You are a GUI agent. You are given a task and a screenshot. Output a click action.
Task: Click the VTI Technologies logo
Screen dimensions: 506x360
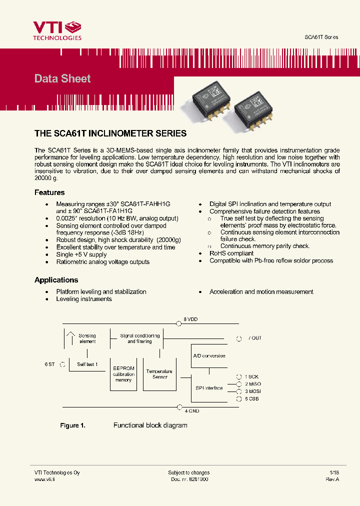[57, 30]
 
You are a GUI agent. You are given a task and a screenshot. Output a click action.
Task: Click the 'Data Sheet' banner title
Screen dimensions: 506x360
[62, 78]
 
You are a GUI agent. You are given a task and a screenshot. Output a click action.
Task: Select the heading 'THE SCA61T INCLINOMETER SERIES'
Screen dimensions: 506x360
[110, 133]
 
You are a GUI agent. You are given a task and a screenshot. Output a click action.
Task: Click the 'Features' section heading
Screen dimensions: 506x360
[49, 192]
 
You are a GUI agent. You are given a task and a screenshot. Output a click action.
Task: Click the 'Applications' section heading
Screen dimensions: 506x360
[56, 280]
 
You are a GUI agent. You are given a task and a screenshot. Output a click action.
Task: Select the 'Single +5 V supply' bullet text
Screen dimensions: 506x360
[81, 254]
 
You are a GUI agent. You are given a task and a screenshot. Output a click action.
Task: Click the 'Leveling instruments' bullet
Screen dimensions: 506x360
[84, 299]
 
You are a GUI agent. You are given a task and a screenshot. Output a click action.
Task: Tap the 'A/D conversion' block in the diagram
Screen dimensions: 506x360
[209, 356]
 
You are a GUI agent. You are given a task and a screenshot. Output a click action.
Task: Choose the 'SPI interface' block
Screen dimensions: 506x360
[209, 388]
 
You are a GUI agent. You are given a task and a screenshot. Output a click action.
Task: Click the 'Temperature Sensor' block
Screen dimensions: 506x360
[159, 374]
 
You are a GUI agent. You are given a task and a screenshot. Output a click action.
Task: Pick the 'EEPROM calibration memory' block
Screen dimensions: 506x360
[123, 374]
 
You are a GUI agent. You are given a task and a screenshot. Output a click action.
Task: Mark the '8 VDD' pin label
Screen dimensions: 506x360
[191, 319]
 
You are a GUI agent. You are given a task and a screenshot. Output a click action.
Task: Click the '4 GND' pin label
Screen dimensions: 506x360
[191, 411]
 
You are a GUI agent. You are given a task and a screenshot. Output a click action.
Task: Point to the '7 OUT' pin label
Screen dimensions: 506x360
[255, 338]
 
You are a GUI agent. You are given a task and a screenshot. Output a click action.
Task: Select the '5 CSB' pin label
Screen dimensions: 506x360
[251, 399]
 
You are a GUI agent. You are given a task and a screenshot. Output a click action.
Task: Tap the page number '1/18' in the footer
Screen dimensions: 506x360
[334, 472]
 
